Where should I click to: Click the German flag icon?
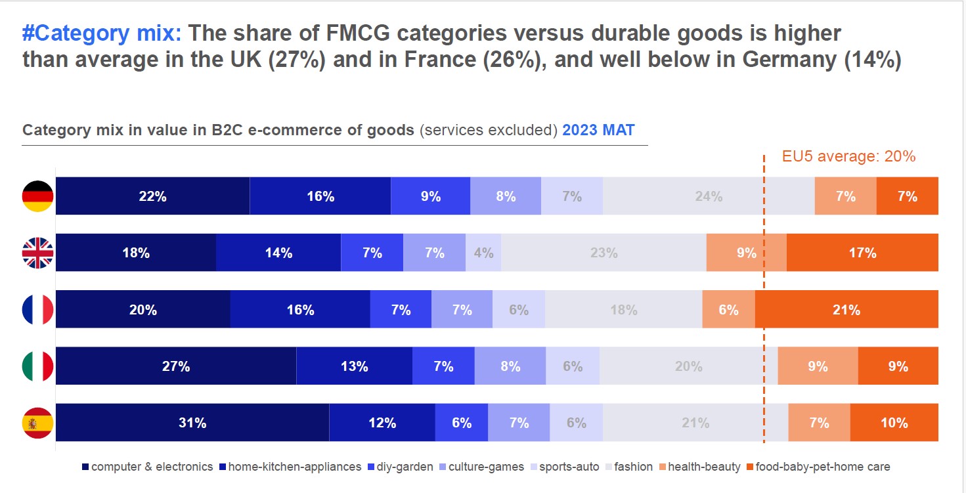coord(38,196)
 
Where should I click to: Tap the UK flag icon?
coord(38,253)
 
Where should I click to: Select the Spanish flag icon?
coord(38,423)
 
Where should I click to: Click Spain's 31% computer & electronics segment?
coord(192,423)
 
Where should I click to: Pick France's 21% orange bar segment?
coord(846,309)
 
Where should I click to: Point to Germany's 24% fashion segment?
coord(709,196)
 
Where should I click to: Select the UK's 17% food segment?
coord(862,253)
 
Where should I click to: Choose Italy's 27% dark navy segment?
coord(176,366)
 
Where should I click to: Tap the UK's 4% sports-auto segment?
coord(483,253)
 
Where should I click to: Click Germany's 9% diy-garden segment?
coord(430,196)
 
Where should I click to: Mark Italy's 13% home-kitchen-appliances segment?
coord(354,366)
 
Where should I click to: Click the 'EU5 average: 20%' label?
coord(848,156)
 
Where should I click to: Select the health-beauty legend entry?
coord(699,467)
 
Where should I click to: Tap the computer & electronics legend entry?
coord(147,467)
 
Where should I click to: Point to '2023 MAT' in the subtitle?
coord(598,130)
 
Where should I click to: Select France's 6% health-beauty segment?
coord(728,309)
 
